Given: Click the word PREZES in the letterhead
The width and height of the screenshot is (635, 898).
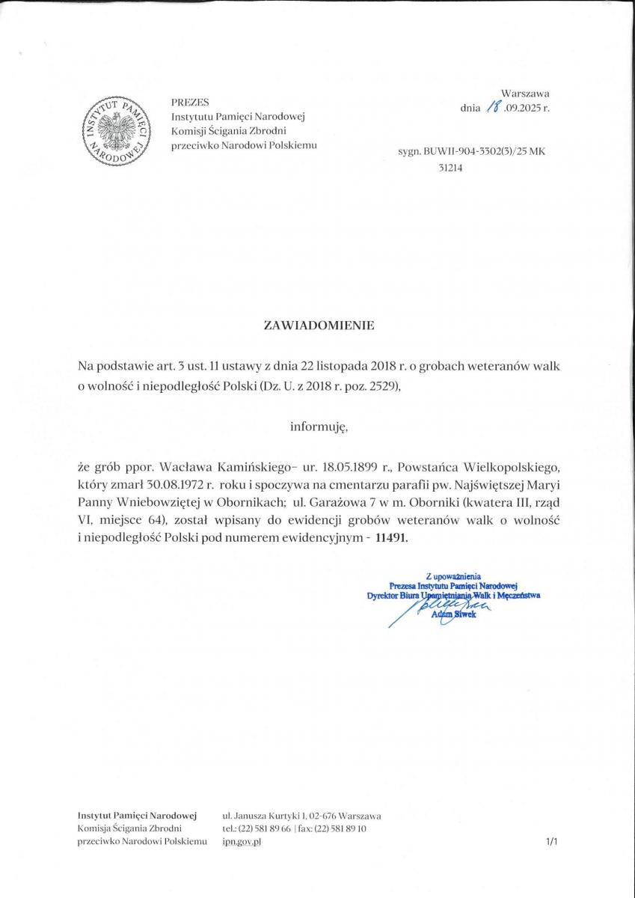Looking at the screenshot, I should point(190,102).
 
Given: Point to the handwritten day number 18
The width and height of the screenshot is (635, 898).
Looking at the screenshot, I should point(493,108).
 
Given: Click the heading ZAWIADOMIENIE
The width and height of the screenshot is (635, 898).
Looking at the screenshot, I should point(318,326).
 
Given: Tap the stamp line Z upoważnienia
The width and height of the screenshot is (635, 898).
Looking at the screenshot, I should point(453,576).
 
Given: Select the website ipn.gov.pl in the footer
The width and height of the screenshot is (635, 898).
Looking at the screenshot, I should point(242,842).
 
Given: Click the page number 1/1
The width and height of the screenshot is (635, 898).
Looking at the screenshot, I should point(552,842).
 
